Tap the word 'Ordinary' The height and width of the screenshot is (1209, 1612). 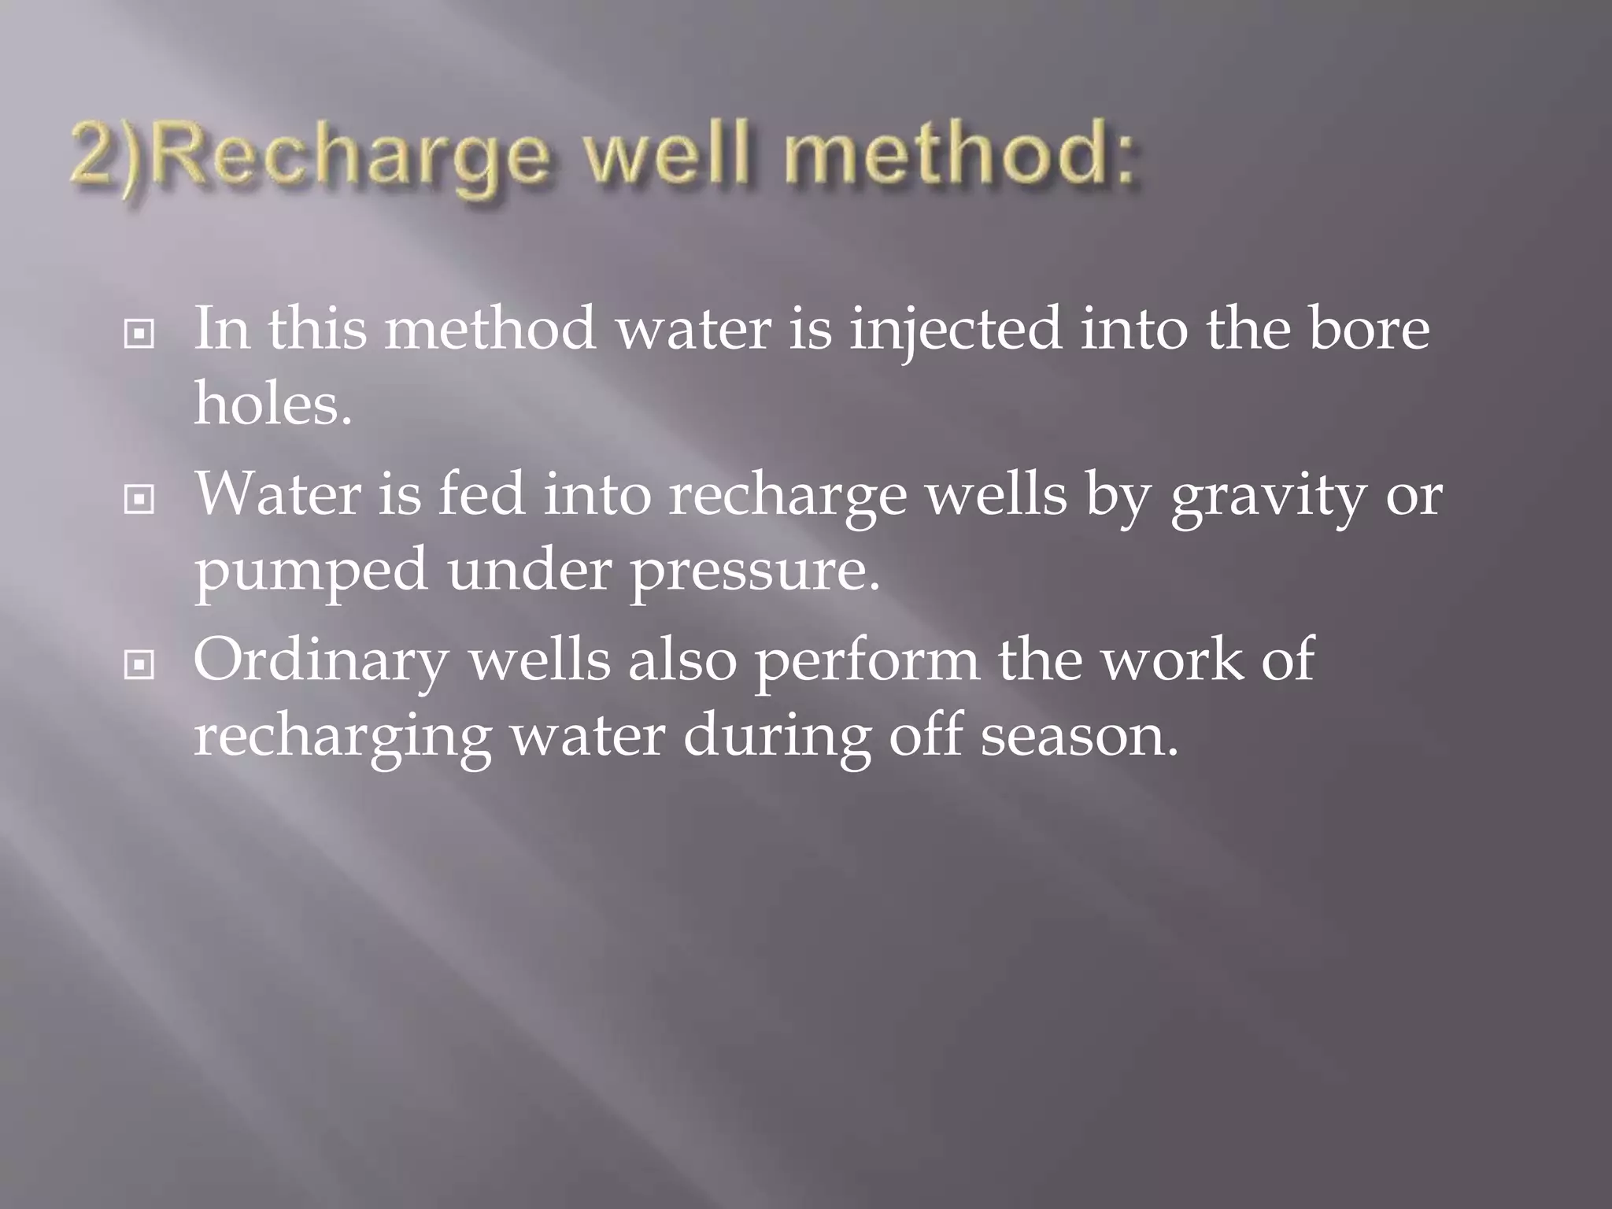320,663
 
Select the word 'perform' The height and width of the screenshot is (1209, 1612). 867,663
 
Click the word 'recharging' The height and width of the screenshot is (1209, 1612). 342,738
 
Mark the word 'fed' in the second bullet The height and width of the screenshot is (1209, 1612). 481,496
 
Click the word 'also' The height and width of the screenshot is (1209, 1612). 682,661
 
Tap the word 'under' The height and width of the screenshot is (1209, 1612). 529,571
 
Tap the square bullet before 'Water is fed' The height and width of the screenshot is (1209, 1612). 139,501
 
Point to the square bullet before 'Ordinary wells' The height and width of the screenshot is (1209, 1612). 139,666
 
